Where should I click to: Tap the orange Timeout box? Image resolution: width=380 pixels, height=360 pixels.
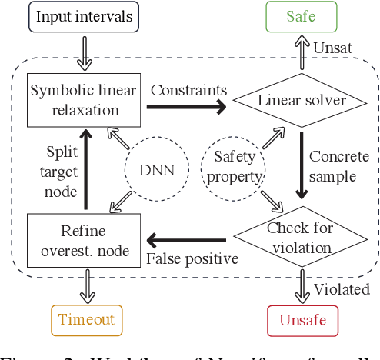(x=87, y=319)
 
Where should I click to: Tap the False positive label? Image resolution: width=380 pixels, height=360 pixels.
(x=192, y=258)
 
